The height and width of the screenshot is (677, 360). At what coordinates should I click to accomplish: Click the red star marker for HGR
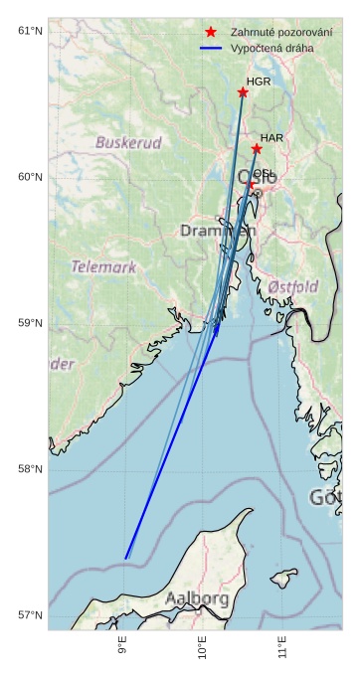[243, 92]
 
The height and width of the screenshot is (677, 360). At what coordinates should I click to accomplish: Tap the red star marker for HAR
[257, 149]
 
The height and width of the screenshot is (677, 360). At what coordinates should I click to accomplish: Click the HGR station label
[258, 82]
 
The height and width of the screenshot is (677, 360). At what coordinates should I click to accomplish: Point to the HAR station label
[271, 138]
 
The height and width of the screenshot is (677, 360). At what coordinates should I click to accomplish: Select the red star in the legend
[210, 32]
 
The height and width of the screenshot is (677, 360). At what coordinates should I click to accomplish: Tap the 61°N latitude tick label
[30, 31]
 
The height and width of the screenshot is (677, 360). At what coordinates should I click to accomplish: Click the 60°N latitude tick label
[30, 177]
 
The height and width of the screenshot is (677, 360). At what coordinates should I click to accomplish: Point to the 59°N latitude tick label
[30, 323]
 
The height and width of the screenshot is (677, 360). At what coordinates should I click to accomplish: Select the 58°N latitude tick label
[30, 469]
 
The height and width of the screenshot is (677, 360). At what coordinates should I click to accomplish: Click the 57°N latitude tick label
[30, 615]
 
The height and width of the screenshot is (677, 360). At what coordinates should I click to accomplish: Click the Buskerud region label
[128, 143]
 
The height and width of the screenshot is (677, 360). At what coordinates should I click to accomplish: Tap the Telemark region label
[103, 266]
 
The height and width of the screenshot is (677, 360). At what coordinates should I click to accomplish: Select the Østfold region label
[293, 287]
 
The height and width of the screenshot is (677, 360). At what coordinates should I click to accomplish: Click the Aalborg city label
[197, 598]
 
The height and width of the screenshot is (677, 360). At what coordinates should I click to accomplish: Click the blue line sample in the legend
[210, 48]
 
